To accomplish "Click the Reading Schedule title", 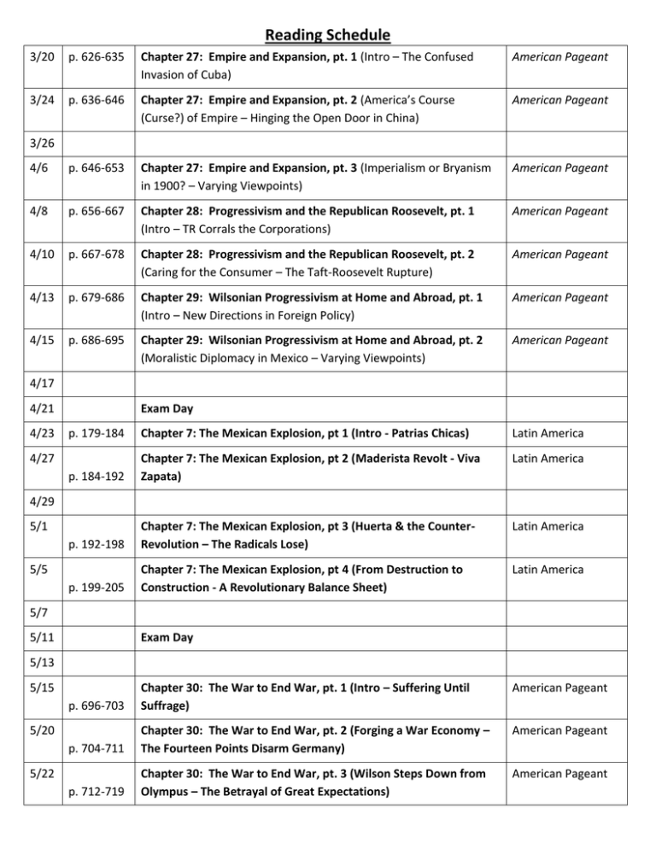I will (328, 35).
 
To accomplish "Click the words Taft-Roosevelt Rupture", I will (388, 263).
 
